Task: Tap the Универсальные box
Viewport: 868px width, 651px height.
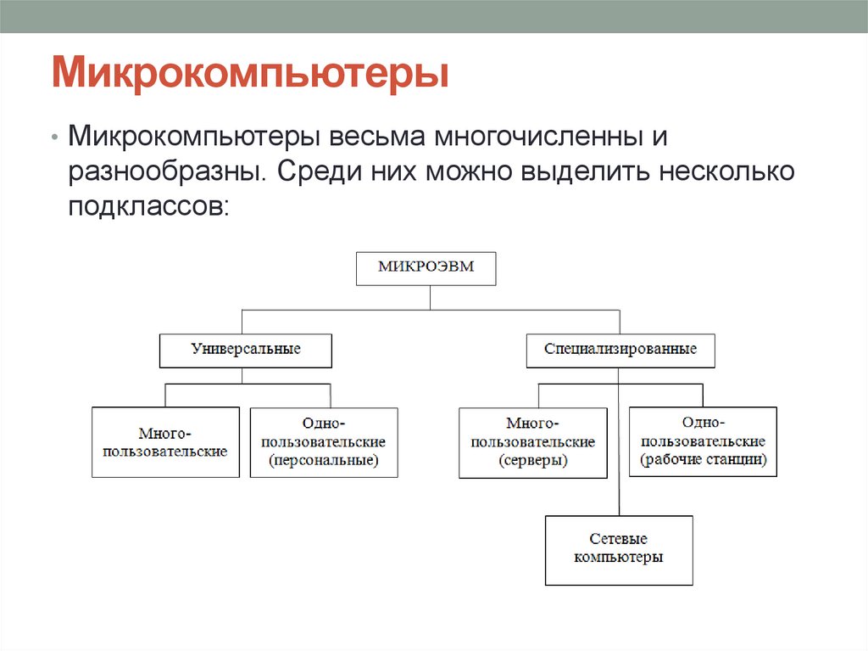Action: (x=246, y=350)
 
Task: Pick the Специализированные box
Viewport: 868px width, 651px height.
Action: (x=620, y=350)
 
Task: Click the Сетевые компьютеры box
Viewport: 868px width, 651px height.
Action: (x=619, y=550)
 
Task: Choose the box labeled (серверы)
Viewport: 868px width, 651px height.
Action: (x=534, y=442)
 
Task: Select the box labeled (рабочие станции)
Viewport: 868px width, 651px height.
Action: (x=703, y=442)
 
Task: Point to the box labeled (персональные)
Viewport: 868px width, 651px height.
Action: (x=323, y=442)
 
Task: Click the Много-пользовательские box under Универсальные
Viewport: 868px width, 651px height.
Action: (x=165, y=442)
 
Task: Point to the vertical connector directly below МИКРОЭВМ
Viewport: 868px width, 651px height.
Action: (x=430, y=297)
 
